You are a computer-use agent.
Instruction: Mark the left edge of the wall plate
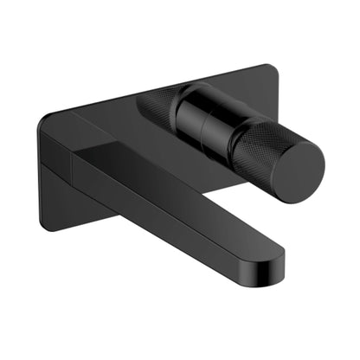[41, 173]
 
